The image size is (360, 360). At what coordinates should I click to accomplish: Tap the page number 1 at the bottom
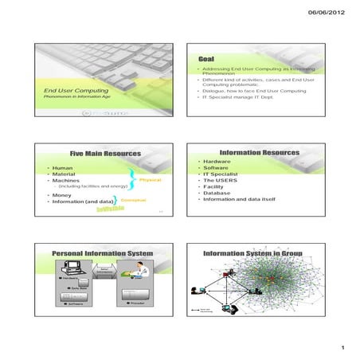[340, 349]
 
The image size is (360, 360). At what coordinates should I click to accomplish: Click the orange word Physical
[150, 180]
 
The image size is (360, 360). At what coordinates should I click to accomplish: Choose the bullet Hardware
[217, 162]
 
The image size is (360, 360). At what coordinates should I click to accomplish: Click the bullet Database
[217, 193]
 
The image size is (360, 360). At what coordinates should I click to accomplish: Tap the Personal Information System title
[102, 252]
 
